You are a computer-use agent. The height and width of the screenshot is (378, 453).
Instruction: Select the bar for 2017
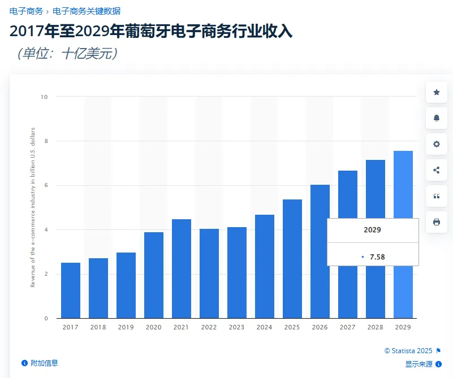tap(71, 290)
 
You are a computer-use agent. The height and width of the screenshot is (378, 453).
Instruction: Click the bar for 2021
tap(182, 268)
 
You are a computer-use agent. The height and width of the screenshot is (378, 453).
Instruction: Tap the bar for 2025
tap(292, 259)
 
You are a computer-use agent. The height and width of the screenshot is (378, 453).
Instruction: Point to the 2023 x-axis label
tap(237, 327)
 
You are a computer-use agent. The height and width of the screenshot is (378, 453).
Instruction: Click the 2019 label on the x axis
tap(126, 327)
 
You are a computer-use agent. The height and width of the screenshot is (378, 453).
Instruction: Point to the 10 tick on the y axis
tap(44, 97)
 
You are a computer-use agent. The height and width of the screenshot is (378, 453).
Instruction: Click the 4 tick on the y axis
tap(46, 230)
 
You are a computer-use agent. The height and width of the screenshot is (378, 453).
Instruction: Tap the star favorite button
tap(437, 92)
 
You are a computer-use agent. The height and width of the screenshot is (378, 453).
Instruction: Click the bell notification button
tap(437, 118)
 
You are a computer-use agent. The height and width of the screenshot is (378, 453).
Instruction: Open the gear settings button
tap(437, 144)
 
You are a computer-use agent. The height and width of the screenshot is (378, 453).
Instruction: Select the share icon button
tap(437, 170)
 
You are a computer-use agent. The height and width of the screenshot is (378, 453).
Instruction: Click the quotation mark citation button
tap(437, 196)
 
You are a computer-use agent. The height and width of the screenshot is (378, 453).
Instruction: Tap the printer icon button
tap(437, 222)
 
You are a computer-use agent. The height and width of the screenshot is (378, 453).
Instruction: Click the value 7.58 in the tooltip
tap(377, 257)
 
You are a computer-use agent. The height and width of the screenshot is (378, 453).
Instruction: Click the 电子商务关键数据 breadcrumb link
tap(87, 11)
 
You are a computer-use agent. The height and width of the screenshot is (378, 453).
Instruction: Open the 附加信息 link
tap(44, 363)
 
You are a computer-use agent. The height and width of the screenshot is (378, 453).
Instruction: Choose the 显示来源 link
tap(419, 364)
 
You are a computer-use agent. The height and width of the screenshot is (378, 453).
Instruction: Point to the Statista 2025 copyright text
tap(409, 351)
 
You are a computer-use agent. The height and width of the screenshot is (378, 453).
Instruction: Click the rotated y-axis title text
tap(33, 207)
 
